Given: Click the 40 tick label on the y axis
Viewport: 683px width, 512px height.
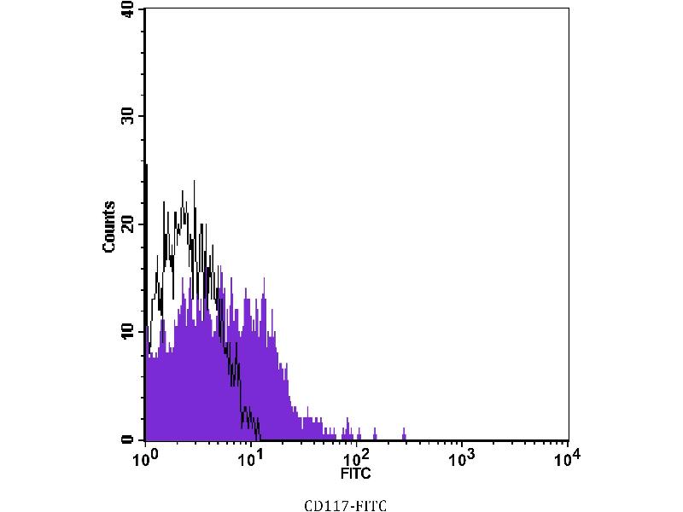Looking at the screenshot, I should click(x=128, y=9).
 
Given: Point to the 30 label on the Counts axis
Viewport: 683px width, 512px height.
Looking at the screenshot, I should click(x=128, y=116).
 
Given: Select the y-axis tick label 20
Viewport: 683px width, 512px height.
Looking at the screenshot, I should click(x=128, y=224).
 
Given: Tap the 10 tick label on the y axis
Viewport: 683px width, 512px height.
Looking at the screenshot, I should click(x=128, y=331).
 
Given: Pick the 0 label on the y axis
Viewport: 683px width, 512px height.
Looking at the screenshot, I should click(x=128, y=439).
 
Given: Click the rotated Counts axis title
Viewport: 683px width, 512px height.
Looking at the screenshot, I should click(x=109, y=226).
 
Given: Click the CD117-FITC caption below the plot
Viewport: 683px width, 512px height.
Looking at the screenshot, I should click(x=346, y=506).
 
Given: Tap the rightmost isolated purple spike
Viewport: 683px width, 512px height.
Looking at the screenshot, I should click(x=404, y=433).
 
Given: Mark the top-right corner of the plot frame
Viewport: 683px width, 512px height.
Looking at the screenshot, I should click(x=568, y=9).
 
